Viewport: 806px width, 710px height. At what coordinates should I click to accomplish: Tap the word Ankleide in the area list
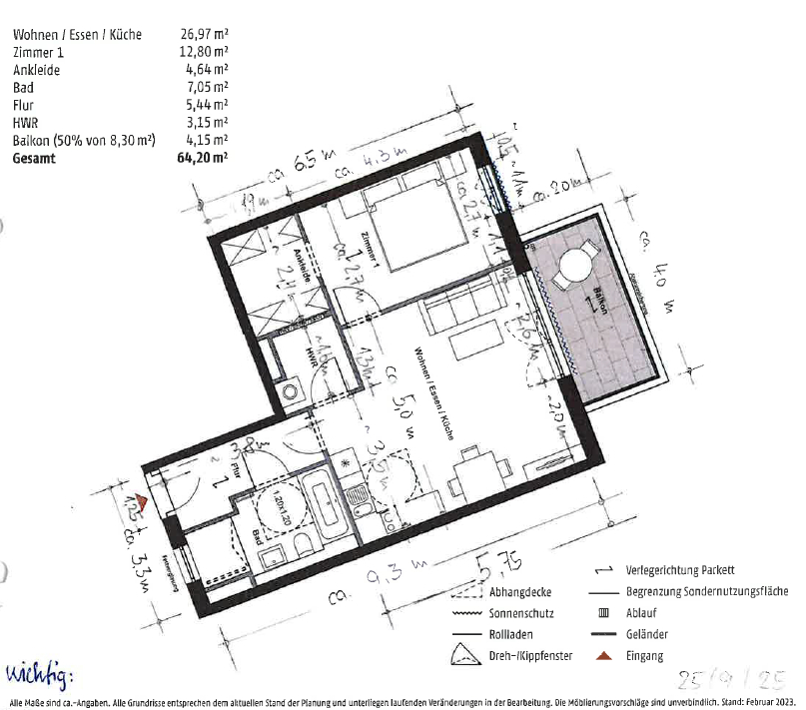click(x=36, y=70)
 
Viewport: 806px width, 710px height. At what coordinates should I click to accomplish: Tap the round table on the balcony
click(x=576, y=268)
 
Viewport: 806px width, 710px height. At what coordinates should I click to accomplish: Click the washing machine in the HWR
click(x=291, y=391)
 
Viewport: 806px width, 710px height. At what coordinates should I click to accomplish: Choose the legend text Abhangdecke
click(x=519, y=591)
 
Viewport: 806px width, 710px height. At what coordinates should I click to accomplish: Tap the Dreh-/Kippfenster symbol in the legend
click(x=463, y=654)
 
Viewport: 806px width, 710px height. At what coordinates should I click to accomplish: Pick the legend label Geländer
click(x=647, y=634)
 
